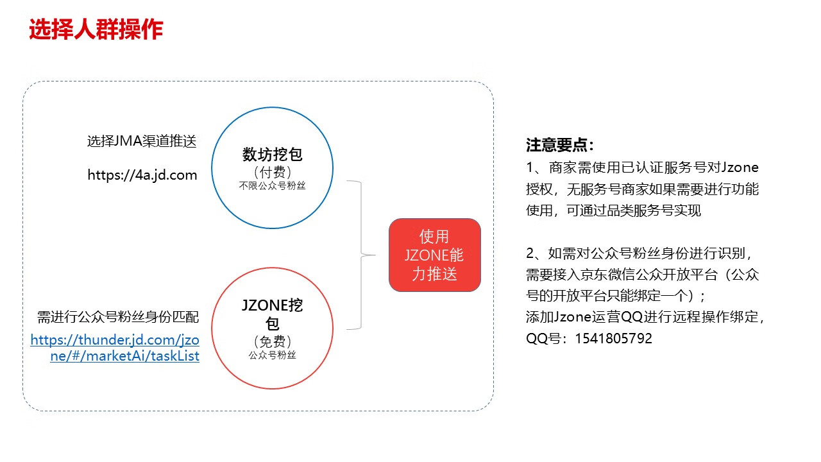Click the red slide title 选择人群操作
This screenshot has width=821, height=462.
[x=96, y=30]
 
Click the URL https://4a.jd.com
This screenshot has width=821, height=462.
[x=142, y=175]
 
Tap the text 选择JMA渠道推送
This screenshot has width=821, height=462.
[x=142, y=141]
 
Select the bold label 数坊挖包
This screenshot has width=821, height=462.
[x=273, y=155]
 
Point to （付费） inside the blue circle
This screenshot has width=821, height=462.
[x=273, y=172]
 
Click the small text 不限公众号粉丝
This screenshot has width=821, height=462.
[x=273, y=186]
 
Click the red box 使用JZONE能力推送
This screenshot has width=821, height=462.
[x=435, y=255]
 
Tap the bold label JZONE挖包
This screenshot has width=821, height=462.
[x=273, y=314]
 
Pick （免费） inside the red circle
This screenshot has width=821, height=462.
[x=273, y=341]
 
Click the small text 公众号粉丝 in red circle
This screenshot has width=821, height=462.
[x=273, y=355]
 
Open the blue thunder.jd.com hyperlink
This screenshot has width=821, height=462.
[x=115, y=348]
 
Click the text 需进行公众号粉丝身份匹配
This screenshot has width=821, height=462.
[x=118, y=317]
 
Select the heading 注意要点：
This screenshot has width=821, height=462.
[x=559, y=145]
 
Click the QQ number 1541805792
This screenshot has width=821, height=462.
[x=613, y=338]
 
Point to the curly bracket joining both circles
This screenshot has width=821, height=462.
[x=361, y=255]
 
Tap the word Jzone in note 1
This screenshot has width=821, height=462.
[x=740, y=167]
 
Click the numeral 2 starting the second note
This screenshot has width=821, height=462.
[x=530, y=253]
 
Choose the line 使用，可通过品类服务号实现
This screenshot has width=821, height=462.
[x=614, y=210]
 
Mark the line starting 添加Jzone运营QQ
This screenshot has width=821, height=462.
[x=645, y=317]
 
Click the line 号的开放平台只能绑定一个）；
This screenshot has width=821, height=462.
[x=616, y=296]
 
